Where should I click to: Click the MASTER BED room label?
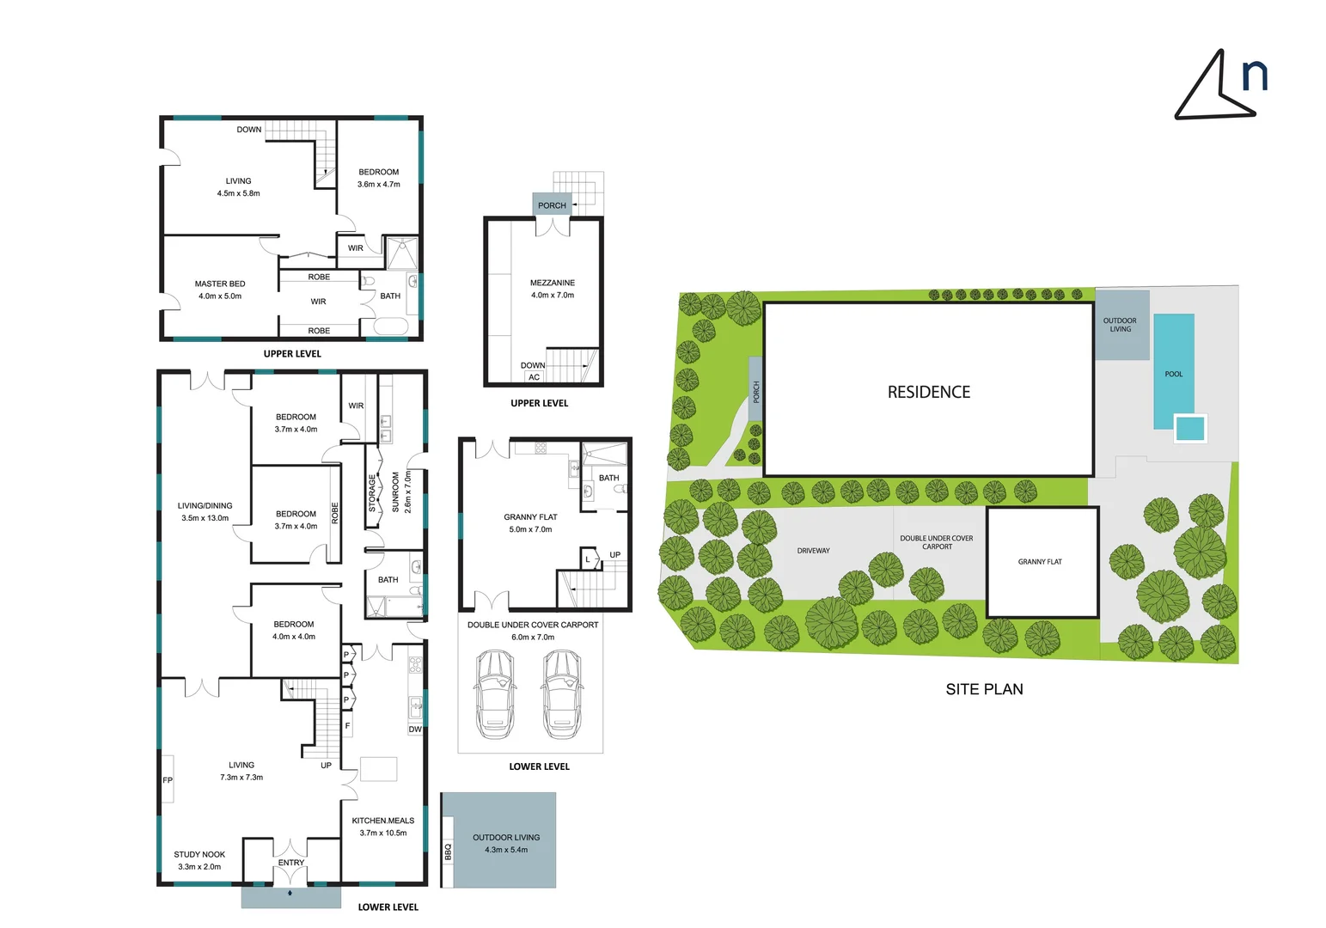tap(220, 284)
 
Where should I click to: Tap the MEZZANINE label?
tap(553, 283)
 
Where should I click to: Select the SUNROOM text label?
tap(395, 491)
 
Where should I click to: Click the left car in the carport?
tap(494, 692)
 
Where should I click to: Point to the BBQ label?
tap(448, 852)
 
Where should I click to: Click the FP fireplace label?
tap(168, 780)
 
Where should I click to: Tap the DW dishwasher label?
tap(415, 730)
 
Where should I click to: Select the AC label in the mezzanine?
tap(535, 377)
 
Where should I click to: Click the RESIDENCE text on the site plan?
tap(929, 392)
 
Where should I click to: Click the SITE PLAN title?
tap(984, 689)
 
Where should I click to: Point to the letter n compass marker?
tap(1255, 76)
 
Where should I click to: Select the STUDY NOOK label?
tap(199, 854)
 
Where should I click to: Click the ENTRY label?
tap(291, 863)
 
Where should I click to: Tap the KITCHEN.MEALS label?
tap(383, 821)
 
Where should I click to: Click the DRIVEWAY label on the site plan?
tap(813, 551)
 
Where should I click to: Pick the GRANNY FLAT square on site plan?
tap(1042, 562)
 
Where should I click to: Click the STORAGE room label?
tap(372, 493)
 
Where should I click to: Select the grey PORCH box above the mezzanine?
tap(552, 205)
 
